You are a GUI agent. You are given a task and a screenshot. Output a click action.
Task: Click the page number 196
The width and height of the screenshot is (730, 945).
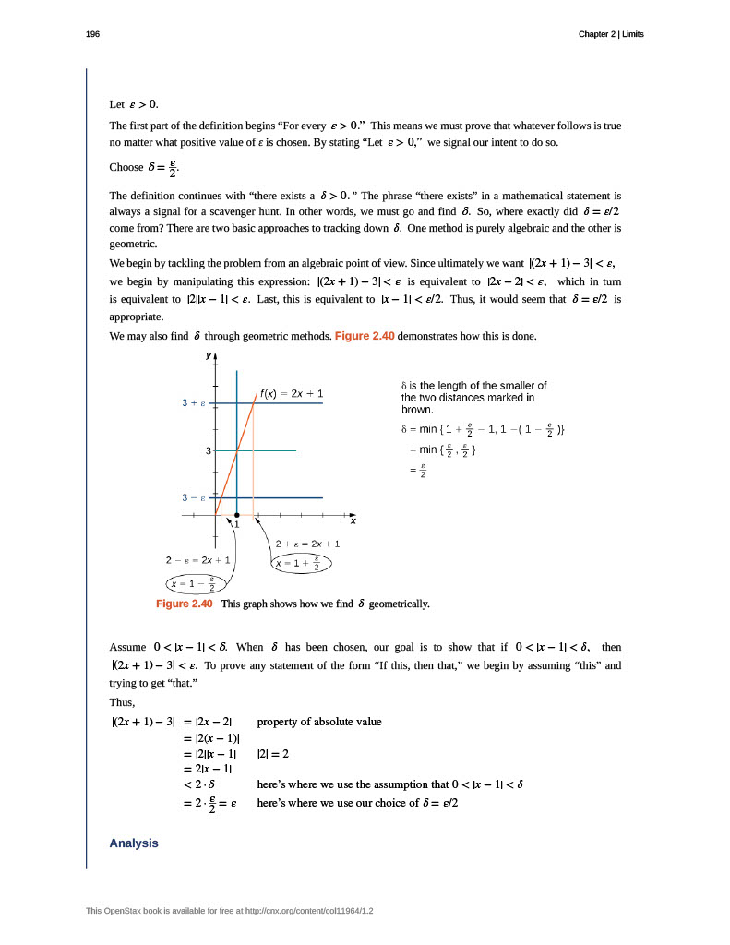pos(92,34)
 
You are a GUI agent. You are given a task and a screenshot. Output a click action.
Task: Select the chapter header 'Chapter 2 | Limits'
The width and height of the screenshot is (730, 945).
pos(611,34)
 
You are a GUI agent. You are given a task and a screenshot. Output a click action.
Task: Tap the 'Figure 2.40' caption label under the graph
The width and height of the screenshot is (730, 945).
pos(185,604)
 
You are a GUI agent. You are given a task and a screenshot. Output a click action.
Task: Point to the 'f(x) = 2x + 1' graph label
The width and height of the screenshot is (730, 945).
pos(291,394)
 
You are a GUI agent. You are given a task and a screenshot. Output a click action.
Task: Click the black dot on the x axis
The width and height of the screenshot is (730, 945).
pos(237,515)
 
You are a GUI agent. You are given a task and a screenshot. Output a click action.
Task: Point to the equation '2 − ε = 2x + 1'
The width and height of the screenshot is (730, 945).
pos(197,560)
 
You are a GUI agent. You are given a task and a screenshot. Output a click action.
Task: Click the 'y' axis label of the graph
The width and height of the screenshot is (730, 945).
pos(208,354)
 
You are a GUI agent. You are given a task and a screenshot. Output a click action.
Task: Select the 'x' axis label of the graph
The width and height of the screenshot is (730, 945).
pos(353,522)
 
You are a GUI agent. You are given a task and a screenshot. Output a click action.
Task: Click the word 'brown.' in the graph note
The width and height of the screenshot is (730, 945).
pos(417,409)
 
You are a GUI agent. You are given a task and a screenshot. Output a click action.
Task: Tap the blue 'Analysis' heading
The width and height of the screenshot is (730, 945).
pos(134,843)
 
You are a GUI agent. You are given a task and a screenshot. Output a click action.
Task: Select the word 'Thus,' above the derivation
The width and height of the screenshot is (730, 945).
pos(122,701)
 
